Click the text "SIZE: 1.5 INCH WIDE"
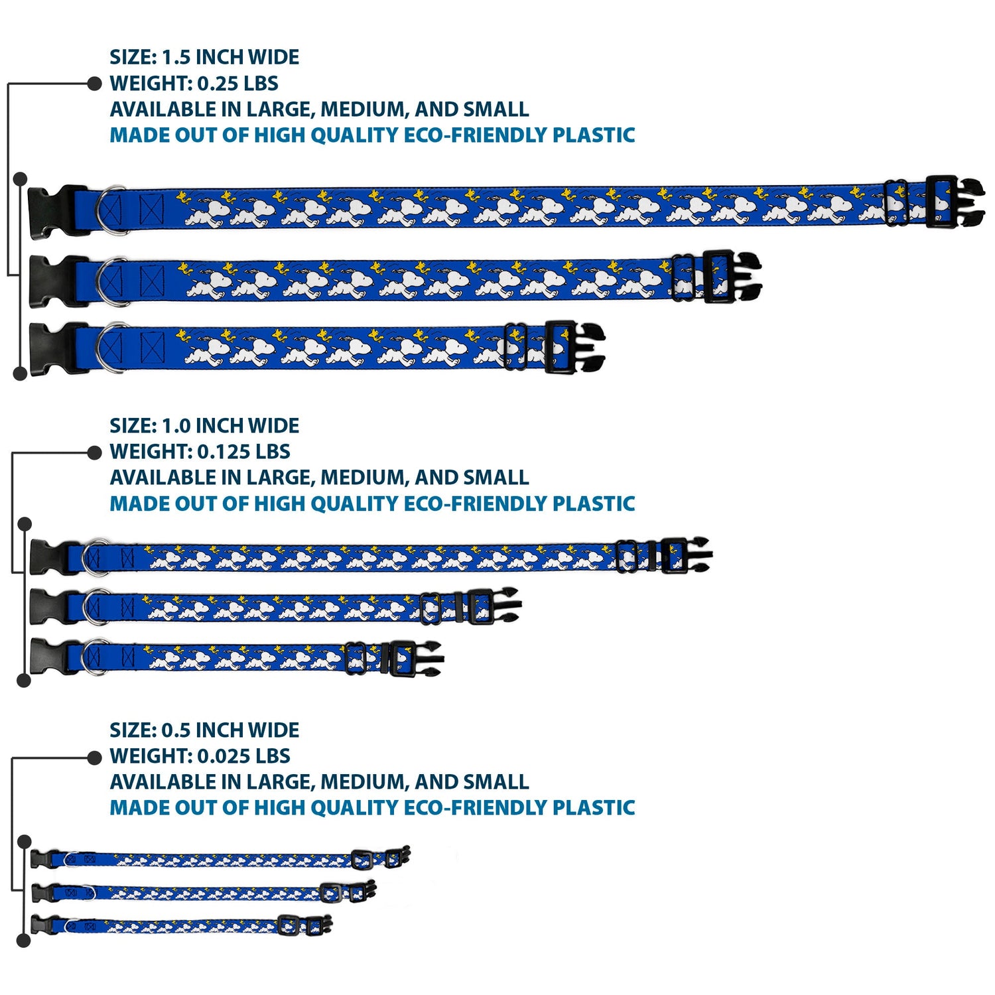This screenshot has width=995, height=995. pos(204,57)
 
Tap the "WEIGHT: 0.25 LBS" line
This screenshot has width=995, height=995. pos(194,84)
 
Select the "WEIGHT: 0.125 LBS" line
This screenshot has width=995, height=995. pos(200,452)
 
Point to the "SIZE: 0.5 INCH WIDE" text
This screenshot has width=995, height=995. pos(204,730)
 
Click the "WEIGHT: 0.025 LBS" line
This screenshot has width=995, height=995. pos(200,756)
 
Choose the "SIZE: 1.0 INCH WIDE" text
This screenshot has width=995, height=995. pos(204,426)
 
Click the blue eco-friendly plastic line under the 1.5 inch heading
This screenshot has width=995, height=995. pos(372,135)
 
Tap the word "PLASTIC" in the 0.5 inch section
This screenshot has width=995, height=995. pos(594,808)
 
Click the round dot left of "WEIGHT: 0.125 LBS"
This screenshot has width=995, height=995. pos(95,452)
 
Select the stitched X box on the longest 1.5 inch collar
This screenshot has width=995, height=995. pos(152,209)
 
